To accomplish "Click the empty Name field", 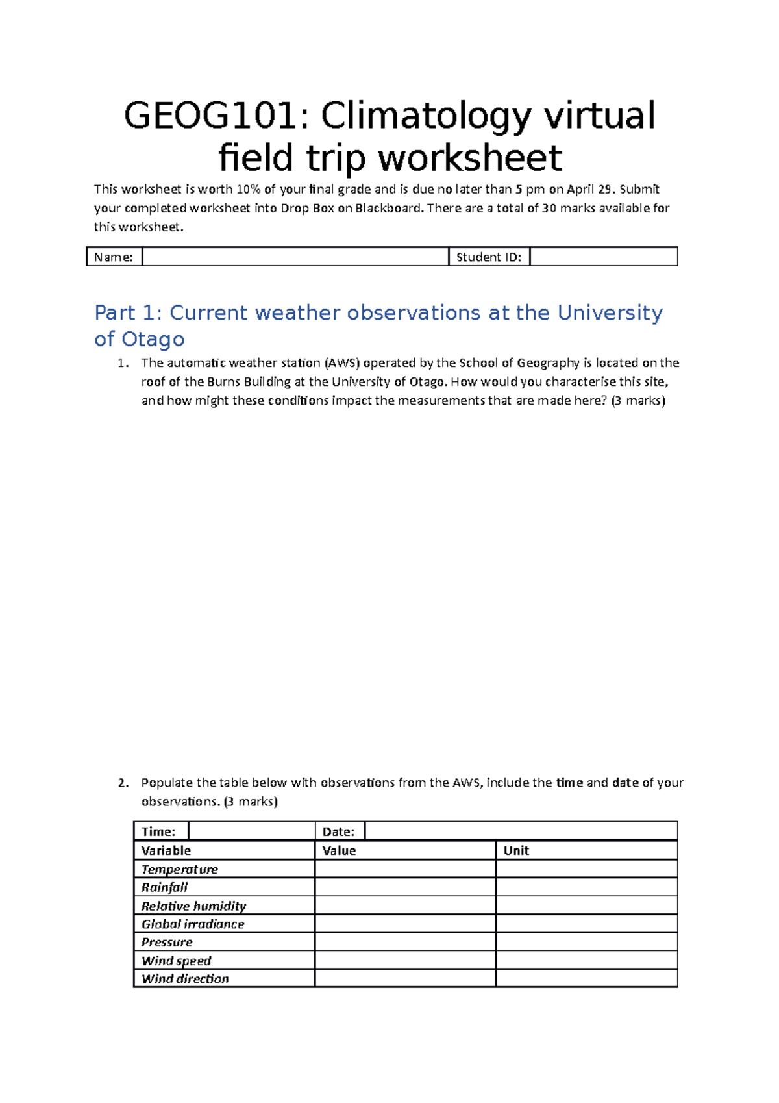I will tap(295, 257).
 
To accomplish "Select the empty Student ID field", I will tap(603, 257).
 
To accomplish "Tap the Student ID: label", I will tap(489, 257).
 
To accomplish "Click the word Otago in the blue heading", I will tap(153, 339).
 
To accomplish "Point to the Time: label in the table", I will tap(158, 831).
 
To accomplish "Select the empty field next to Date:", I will tap(521, 831).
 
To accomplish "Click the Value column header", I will tap(339, 850).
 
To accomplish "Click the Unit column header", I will tap(516, 850).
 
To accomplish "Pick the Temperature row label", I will tap(180, 869).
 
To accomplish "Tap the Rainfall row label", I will tap(165, 887).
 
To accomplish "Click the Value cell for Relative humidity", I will tap(405, 906).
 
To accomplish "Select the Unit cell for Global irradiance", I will tap(586, 924).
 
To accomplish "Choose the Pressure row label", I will tap(167, 942).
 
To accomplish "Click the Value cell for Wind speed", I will tap(405, 960).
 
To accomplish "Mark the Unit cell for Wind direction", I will tap(586, 978).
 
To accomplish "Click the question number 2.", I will tap(123, 783).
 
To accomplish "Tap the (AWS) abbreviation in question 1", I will tap(341, 363).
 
